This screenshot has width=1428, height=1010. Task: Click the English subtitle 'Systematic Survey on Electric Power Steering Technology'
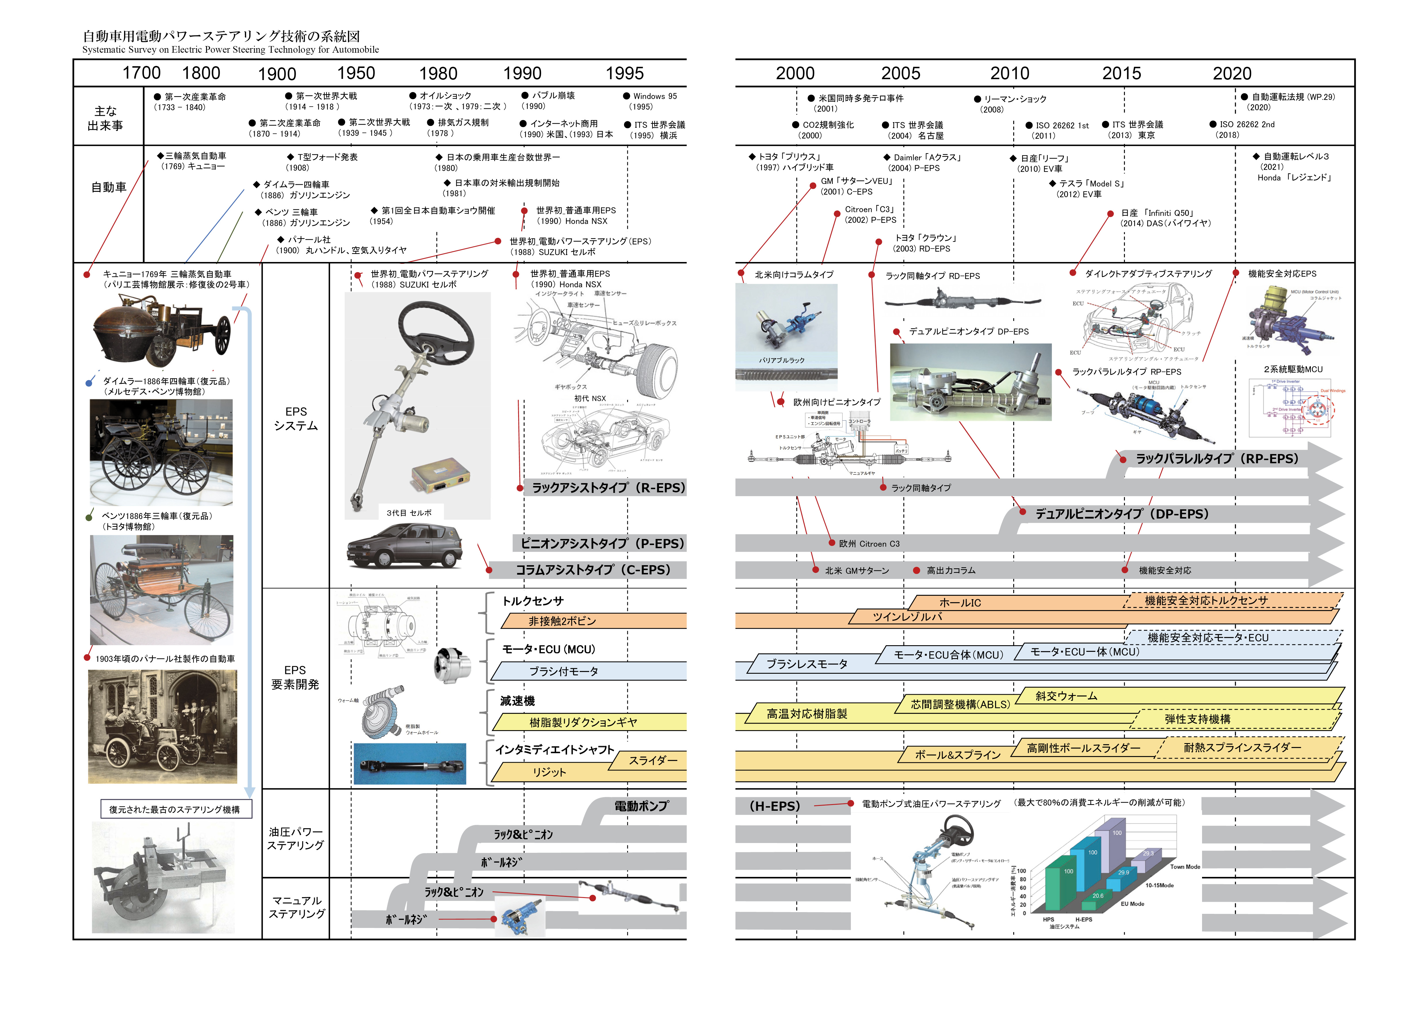(x=230, y=50)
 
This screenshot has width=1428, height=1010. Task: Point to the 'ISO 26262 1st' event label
(x=1062, y=125)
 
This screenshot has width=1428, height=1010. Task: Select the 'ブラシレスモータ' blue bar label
(x=807, y=664)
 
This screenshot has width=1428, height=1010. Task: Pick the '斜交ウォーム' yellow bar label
(x=1066, y=696)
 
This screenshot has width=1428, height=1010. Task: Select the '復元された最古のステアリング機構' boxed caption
(x=175, y=809)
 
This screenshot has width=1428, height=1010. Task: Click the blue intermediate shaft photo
(x=409, y=764)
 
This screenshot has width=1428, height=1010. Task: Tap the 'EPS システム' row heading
(x=296, y=419)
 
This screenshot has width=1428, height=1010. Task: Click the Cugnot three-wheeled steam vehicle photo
(x=162, y=330)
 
